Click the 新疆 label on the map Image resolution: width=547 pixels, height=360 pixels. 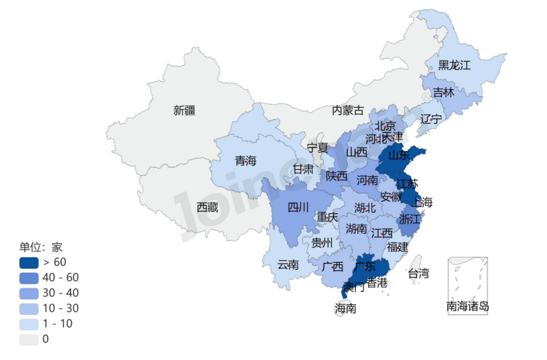point(184,111)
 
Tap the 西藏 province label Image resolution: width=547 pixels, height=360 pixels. point(207,208)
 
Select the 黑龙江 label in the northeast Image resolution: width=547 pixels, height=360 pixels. point(454,65)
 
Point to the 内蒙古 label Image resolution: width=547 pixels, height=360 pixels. point(348,111)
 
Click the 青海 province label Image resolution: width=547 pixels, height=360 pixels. point(245,161)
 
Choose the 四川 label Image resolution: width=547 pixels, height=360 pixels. point(298,207)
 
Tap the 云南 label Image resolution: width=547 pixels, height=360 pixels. point(288,265)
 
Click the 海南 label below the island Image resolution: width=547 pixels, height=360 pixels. point(345,309)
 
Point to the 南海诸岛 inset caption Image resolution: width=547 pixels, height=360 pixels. point(467,307)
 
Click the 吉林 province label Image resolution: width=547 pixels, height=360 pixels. point(443,93)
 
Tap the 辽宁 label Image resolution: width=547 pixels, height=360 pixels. point(431,119)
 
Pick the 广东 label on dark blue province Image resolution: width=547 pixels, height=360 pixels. point(365,266)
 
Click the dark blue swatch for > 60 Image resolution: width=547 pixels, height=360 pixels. point(29,262)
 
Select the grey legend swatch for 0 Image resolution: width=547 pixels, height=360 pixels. point(29,339)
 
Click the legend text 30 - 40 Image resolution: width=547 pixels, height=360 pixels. point(60,293)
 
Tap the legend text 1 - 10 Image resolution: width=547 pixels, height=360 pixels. point(58,324)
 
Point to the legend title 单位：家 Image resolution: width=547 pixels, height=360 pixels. point(41,247)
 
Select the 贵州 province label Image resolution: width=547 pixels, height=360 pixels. point(322,243)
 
